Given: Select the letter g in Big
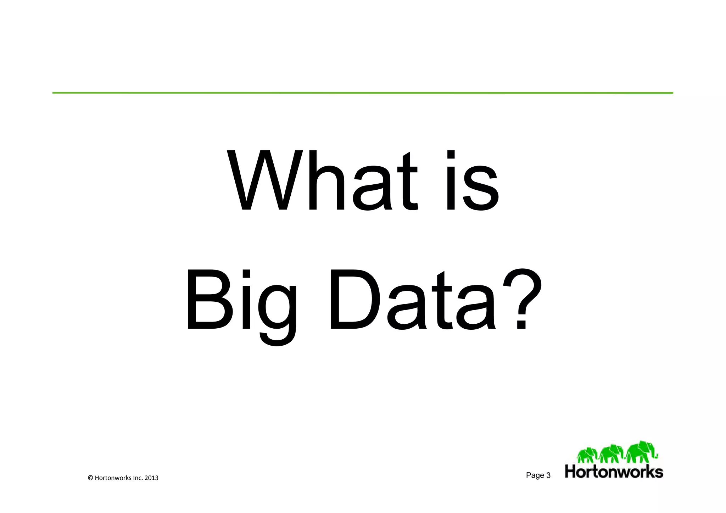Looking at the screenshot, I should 278,312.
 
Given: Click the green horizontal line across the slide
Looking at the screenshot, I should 362,93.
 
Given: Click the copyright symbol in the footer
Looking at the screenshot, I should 90,478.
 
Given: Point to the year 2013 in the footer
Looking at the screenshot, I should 151,478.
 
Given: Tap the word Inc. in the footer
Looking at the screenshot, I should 138,478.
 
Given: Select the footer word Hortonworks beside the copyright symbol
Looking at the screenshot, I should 113,478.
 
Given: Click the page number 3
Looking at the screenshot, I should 548,475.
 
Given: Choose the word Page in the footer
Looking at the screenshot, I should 535,475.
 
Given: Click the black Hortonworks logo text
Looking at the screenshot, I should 614,472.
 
